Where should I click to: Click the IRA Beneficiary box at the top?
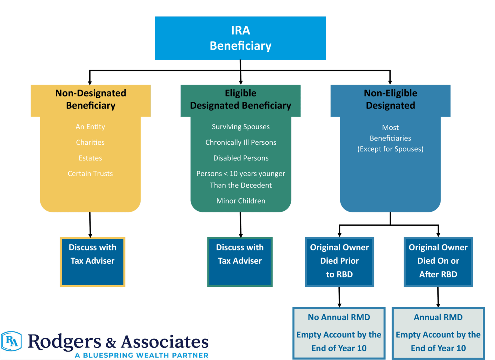(x=240, y=38)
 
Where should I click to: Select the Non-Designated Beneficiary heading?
(x=91, y=99)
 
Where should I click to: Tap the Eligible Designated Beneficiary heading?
(x=240, y=99)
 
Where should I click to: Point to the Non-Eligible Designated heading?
(x=390, y=99)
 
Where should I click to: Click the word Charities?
(x=90, y=142)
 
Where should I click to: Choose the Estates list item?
(x=90, y=158)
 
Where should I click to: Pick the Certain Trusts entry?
(x=90, y=174)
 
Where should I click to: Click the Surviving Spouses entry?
(x=241, y=127)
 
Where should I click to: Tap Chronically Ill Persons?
(x=241, y=142)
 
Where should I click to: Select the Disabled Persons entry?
(x=241, y=158)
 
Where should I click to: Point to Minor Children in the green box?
(x=241, y=201)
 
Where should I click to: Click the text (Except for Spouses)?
(x=390, y=149)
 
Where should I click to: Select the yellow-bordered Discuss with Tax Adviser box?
(x=92, y=262)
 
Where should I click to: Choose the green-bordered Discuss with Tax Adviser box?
(x=240, y=262)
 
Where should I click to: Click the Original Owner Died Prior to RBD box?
(x=339, y=262)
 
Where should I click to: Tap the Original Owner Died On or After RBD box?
(x=438, y=262)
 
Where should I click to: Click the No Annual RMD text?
(x=339, y=317)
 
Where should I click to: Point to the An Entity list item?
(x=90, y=127)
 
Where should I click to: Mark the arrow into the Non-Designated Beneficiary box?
(x=91, y=78)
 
